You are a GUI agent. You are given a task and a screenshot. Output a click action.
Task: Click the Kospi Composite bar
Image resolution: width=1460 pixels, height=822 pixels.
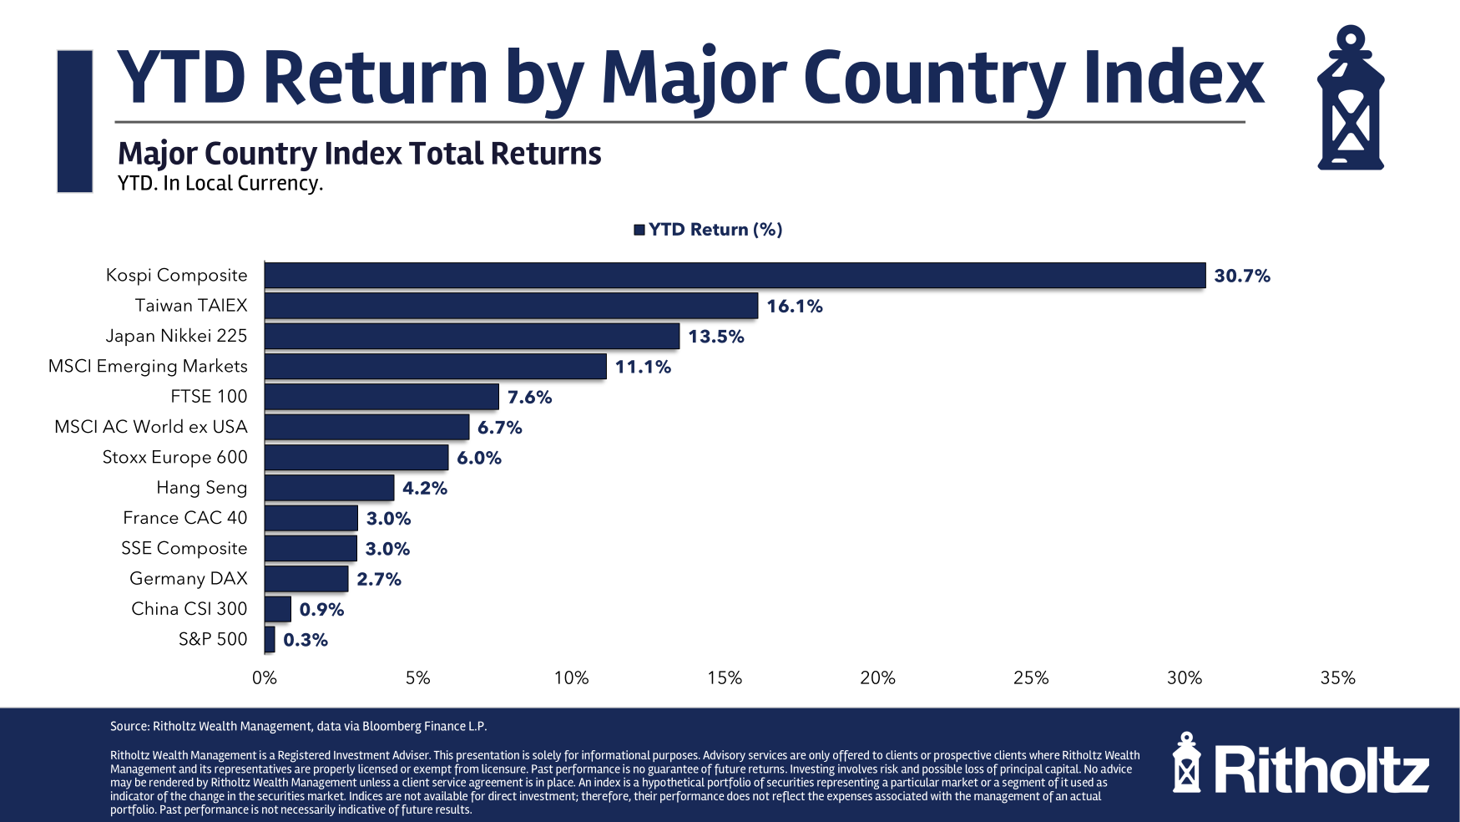735,276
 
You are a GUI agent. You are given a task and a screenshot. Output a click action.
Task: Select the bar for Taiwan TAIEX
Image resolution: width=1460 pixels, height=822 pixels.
511,306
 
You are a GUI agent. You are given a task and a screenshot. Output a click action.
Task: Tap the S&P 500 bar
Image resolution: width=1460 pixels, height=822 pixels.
270,640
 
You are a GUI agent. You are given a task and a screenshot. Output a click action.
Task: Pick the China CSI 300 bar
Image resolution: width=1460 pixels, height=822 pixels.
278,609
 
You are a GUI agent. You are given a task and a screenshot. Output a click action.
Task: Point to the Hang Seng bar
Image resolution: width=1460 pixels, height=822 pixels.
329,488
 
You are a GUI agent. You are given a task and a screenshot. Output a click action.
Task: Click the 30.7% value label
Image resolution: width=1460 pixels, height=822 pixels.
1242,276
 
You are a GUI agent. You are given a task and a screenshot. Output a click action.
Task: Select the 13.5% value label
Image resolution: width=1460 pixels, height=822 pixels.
715,337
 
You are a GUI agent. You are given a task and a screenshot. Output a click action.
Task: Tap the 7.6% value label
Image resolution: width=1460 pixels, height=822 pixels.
529,397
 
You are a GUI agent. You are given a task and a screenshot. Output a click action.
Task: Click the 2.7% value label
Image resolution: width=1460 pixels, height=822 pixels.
379,579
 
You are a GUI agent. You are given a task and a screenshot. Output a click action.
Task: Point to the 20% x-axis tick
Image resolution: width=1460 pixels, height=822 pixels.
877,678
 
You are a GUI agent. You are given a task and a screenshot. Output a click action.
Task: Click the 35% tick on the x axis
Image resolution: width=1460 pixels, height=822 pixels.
1337,678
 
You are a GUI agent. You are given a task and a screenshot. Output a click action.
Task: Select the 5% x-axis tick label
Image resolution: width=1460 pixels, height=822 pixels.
417,678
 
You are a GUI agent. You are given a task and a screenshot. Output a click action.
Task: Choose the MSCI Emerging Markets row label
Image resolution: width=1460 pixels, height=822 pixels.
148,366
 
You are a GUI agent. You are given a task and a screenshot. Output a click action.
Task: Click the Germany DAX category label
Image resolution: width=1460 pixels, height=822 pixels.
189,578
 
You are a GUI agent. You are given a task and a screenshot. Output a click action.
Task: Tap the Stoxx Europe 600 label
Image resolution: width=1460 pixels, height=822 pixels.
174,457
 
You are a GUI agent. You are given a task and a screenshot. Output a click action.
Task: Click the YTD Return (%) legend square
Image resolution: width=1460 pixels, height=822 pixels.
639,230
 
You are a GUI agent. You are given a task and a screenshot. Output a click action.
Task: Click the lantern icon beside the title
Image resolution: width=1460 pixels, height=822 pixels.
1350,99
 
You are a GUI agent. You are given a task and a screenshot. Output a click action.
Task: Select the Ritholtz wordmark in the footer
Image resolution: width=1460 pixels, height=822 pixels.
1321,770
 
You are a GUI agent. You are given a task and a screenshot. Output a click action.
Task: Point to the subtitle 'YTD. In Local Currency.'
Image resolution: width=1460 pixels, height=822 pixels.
220,183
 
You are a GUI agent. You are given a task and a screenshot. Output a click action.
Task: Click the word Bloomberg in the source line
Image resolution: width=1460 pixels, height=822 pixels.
391,727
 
